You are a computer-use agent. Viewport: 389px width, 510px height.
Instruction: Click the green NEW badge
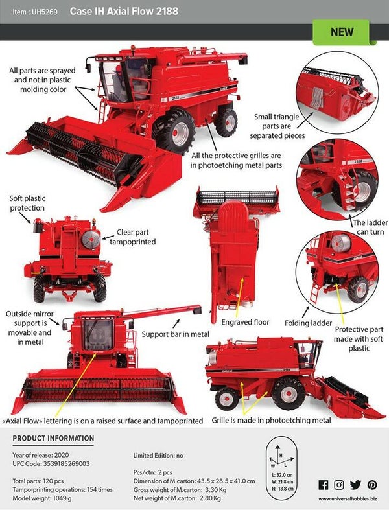click(x=342, y=32)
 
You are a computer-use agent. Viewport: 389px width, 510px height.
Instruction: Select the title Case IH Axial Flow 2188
click(x=123, y=12)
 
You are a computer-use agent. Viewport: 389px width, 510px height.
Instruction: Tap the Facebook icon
click(x=324, y=485)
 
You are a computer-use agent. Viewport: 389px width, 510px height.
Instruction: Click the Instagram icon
click(x=339, y=485)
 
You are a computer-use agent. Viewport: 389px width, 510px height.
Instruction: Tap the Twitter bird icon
click(x=355, y=485)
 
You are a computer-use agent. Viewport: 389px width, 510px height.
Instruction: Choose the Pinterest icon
click(x=371, y=485)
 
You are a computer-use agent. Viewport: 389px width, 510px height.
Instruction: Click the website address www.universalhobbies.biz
click(x=347, y=500)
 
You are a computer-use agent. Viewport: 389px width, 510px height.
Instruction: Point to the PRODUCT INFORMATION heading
click(x=53, y=439)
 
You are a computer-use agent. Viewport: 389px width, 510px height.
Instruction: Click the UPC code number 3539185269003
click(x=66, y=464)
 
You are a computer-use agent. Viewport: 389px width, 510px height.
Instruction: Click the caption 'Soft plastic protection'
click(x=27, y=203)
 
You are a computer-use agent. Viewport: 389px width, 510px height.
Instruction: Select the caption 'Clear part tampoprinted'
click(x=136, y=237)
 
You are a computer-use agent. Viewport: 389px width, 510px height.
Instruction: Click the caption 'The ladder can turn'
click(x=370, y=226)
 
